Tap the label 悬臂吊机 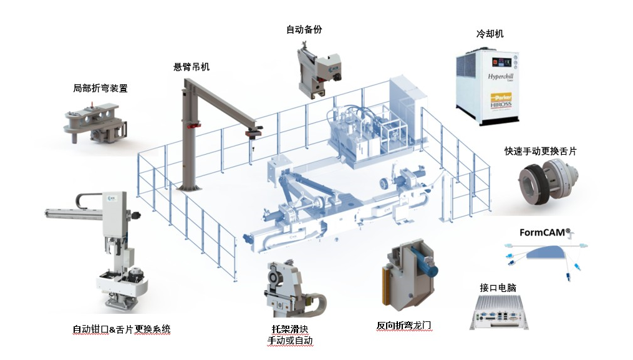click(191, 67)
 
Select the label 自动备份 click(304, 29)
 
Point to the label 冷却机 click(490, 34)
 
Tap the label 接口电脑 click(498, 288)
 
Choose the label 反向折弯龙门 click(404, 326)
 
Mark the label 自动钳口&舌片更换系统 click(122, 329)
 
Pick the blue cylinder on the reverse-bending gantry click(429, 266)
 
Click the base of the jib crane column click(188, 185)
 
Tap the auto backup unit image click(319, 67)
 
